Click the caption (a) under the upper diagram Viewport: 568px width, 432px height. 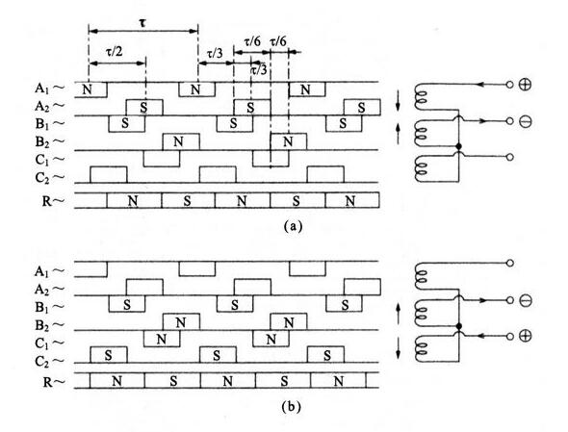(x=292, y=226)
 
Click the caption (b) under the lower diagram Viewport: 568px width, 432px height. (x=292, y=407)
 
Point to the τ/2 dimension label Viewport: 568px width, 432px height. (x=115, y=52)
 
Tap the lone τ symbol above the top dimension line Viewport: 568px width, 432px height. (x=143, y=23)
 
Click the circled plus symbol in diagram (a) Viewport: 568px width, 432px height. (x=525, y=85)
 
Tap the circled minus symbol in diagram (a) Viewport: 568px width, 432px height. (x=525, y=121)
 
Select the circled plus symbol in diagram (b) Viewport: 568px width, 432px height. (x=525, y=336)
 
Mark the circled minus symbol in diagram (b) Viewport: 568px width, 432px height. (x=525, y=300)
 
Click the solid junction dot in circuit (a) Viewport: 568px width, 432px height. (x=459, y=146)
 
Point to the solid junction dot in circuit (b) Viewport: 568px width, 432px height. (x=459, y=326)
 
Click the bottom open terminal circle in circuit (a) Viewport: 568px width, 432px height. (x=509, y=157)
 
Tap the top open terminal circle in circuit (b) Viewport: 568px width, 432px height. (x=509, y=264)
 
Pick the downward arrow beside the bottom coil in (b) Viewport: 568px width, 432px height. (x=399, y=348)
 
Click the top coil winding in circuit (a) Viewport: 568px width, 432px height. (x=420, y=97)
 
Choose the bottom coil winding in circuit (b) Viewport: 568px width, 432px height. (x=420, y=348)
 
